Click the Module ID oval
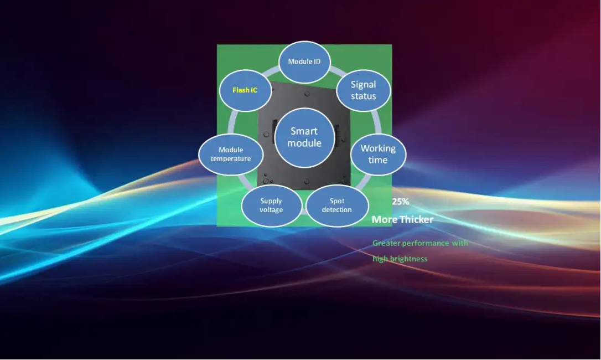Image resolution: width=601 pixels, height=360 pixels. click(304, 61)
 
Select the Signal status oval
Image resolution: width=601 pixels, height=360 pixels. click(363, 90)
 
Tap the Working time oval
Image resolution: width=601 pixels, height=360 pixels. click(378, 154)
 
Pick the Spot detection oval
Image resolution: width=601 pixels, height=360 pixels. click(337, 205)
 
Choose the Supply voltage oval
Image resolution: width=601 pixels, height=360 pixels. click(271, 205)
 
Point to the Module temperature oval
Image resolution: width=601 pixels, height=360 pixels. click(231, 154)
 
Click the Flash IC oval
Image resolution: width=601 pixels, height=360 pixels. click(245, 90)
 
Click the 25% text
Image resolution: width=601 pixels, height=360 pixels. click(400, 202)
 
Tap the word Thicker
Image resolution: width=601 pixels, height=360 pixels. click(417, 220)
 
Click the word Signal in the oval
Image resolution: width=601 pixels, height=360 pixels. click(363, 85)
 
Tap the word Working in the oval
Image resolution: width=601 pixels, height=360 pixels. click(378, 148)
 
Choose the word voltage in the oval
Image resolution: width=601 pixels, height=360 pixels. click(271, 210)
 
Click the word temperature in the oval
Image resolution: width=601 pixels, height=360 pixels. click(231, 159)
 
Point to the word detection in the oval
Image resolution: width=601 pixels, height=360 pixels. click(337, 210)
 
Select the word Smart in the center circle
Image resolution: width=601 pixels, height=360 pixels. click(304, 131)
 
